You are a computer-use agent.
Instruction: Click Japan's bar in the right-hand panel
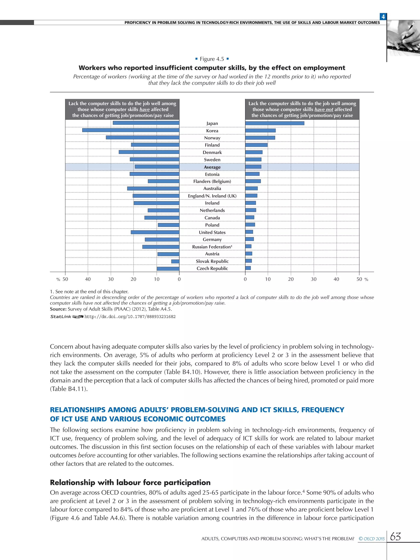[275, 123]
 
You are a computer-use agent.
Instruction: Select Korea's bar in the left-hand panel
[131, 130]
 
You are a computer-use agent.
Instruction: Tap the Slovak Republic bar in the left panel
[175, 261]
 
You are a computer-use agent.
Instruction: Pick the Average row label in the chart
[212, 167]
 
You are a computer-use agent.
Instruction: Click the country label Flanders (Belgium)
[212, 181]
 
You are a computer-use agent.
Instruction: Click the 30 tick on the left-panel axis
[111, 279]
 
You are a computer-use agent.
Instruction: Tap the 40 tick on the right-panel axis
[336, 279]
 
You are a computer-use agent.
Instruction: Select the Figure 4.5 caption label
[212, 59]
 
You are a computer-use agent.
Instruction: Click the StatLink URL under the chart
[130, 317]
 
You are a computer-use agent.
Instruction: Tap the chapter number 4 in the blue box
[383, 17]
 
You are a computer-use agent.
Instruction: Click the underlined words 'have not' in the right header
[324, 109]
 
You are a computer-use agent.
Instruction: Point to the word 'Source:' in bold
[58, 309]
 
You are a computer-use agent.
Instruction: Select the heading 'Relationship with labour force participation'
[130, 482]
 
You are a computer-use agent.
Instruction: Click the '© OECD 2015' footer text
[372, 539]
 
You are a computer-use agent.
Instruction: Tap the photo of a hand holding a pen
[403, 38]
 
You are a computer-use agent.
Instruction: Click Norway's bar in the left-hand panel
[143, 137]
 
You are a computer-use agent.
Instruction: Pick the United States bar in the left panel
[155, 232]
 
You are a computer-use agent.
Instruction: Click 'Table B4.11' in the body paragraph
[68, 389]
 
